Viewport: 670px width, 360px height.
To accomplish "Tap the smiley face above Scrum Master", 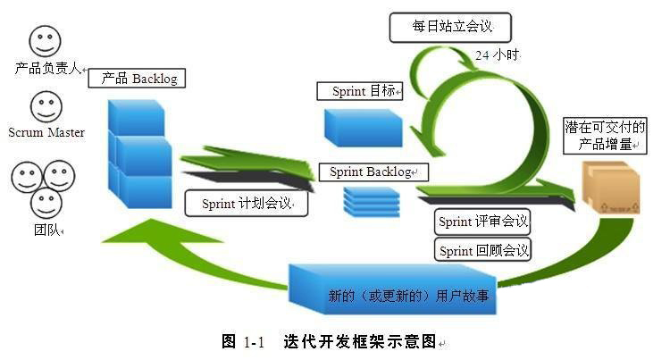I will [x=45, y=107].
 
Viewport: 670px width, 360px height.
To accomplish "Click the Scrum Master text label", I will [x=46, y=132].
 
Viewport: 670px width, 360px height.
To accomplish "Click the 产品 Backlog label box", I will [x=138, y=79].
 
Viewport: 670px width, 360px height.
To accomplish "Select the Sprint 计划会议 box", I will [x=247, y=203].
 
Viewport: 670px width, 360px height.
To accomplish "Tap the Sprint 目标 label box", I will [x=360, y=91].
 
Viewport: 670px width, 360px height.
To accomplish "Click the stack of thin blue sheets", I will [x=372, y=200].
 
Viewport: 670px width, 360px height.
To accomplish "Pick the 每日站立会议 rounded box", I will [x=452, y=27].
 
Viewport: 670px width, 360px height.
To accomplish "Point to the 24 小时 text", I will [x=497, y=54].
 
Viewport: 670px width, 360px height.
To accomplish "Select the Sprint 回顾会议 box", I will [x=483, y=250].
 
